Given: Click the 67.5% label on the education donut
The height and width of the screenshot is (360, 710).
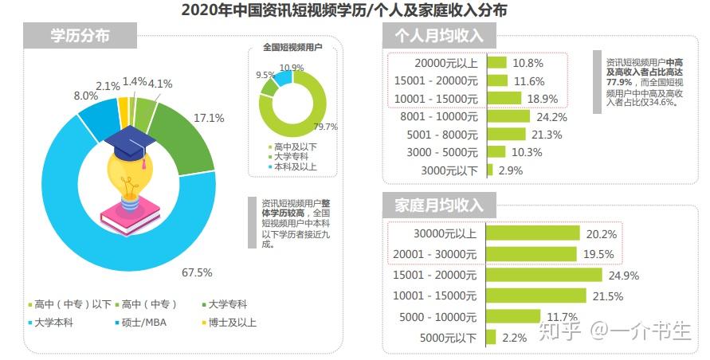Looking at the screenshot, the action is pos(197,272).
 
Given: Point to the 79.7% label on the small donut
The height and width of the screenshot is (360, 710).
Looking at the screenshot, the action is pos(325,127).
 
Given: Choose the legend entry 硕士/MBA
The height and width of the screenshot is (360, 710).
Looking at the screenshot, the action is pos(141,323).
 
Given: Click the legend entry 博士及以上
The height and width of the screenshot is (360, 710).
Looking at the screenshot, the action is pos(229,323).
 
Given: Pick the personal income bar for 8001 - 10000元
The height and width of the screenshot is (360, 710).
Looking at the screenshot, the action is pos(508,116).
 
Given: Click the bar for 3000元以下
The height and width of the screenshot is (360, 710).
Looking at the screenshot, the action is pos(490,170).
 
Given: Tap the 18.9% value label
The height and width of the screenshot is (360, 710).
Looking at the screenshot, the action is pos(543,100).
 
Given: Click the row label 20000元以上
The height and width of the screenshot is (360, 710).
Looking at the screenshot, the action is pos(446,64).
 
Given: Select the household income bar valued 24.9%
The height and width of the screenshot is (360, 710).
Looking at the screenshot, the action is pos(544,275).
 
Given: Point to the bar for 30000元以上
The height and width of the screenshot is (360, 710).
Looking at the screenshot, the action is pos(533,233).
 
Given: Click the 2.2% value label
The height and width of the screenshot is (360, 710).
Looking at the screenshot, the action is pos(515,338).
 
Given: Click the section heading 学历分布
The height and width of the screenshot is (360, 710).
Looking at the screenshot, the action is pos(80,36).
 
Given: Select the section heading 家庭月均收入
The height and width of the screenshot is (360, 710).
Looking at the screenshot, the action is pos(439,205).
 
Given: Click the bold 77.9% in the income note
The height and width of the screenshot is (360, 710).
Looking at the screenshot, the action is pos(619,82).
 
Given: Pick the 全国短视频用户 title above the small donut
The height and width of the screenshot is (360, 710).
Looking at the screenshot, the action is pos(292,47).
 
